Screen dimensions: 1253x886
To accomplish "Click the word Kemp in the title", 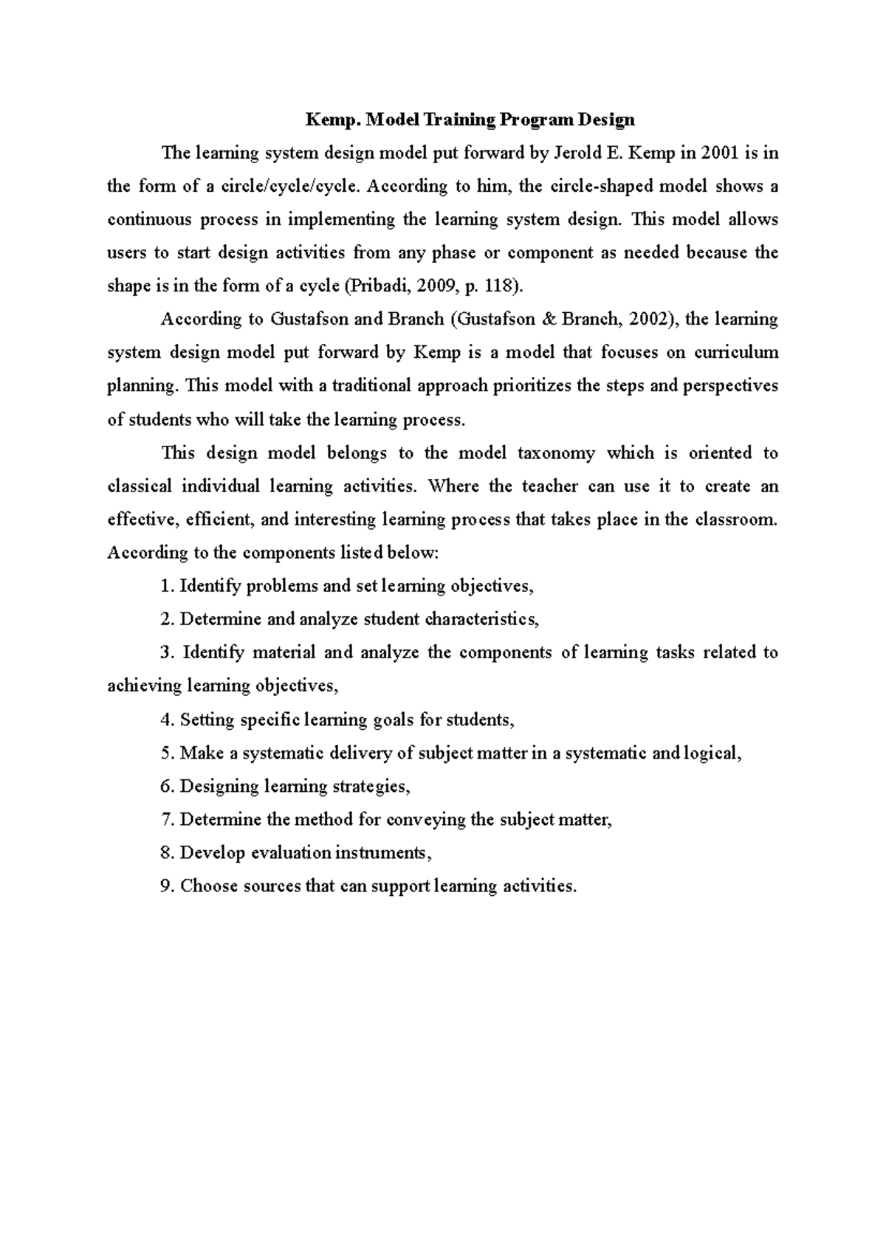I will click(329, 120).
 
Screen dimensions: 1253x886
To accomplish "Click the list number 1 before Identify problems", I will click(165, 587).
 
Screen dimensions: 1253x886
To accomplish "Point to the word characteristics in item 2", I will click(480, 620).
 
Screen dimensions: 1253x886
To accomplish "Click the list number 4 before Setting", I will click(165, 720).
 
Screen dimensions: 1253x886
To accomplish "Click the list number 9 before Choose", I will click(165, 886).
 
